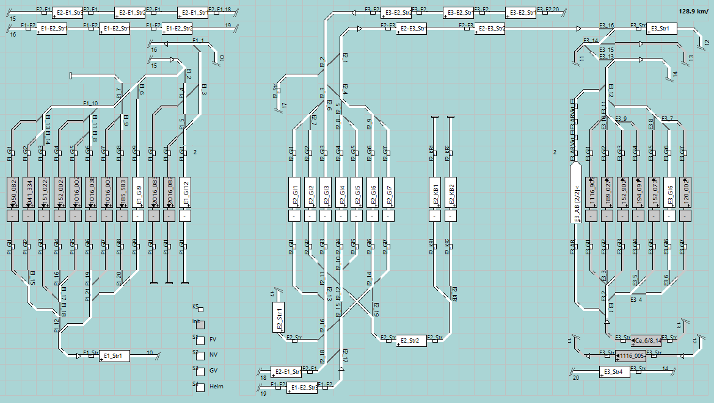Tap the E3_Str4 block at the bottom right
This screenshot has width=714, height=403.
click(614, 372)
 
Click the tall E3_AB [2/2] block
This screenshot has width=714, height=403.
click(577, 195)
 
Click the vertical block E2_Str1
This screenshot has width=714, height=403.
click(279, 316)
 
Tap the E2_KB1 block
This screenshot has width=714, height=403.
click(435, 193)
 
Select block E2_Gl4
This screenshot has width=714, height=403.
click(341, 193)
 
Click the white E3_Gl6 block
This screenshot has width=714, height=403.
click(670, 193)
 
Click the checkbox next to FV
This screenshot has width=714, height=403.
click(199, 340)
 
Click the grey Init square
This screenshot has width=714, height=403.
click(200, 326)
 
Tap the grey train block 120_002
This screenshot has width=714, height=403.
click(686, 193)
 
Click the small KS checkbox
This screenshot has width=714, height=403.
click(201, 310)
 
